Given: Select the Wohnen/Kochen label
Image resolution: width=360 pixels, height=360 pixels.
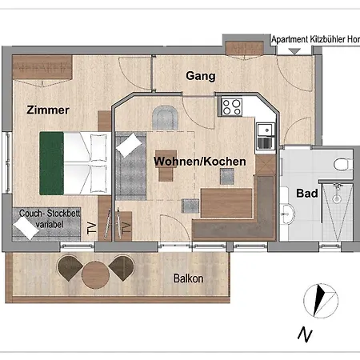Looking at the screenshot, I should (199, 162).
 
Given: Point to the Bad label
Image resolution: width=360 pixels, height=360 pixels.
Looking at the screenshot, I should (306, 194).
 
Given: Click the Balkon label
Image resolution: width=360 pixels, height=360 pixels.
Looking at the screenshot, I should (188, 278).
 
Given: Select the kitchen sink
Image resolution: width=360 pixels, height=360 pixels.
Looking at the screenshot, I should (265, 131).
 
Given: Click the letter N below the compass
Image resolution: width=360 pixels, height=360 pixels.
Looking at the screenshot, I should (304, 334).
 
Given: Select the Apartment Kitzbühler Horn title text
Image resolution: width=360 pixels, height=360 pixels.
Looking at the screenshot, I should (315, 39).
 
